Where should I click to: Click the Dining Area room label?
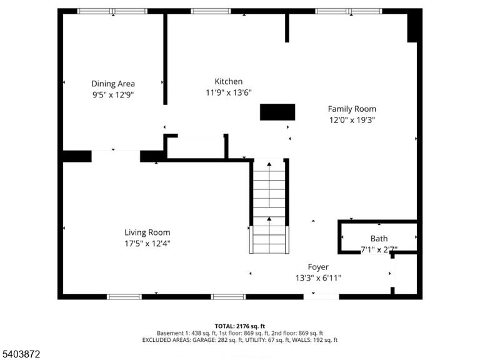point(113,84)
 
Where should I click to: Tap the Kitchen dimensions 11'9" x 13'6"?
point(228,92)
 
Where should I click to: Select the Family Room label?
point(352,109)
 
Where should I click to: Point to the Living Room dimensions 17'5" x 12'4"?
point(147,244)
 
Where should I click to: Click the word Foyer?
point(318,267)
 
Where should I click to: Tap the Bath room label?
point(379,239)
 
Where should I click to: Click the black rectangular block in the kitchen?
point(277,112)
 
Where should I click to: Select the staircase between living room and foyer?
point(269,206)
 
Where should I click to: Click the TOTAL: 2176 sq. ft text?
point(240,326)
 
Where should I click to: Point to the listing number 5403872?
point(20,354)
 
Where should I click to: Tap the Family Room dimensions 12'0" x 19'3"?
point(352,120)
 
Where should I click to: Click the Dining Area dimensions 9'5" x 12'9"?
point(113,95)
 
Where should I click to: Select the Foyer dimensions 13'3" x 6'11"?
point(318,278)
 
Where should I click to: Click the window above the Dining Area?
point(112,11)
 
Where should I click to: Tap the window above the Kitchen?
point(211,11)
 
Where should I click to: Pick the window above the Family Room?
point(349,11)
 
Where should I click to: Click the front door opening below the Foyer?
point(321,297)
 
